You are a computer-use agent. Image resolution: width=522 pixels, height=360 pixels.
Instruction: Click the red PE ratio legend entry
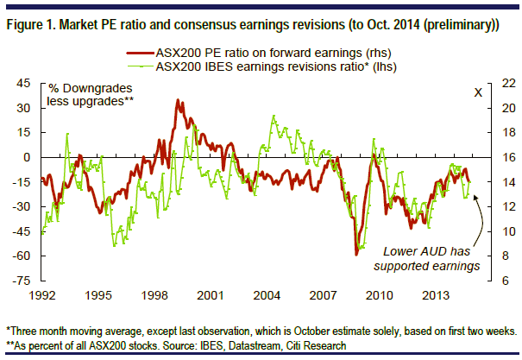(x=259, y=53)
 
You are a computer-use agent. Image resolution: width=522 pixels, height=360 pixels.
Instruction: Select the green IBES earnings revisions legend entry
(x=262, y=66)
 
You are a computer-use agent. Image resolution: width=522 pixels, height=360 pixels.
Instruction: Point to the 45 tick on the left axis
(x=23, y=83)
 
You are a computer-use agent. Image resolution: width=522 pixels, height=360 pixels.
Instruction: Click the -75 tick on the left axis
(x=22, y=281)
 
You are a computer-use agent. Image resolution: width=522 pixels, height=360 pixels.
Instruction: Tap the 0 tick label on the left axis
(x=27, y=157)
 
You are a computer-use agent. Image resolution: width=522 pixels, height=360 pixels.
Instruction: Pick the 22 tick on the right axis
(x=508, y=83)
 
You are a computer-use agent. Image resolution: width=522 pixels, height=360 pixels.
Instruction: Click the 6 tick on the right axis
(x=506, y=281)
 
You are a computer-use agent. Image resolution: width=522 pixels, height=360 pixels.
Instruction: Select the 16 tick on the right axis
(x=508, y=157)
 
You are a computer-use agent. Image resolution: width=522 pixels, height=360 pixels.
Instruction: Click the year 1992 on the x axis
(x=42, y=295)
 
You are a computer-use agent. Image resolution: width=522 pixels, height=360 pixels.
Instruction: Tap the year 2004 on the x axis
(x=267, y=295)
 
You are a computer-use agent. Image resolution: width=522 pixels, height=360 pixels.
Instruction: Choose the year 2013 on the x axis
(x=436, y=295)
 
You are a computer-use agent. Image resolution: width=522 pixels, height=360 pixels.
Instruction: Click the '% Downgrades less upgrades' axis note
(x=91, y=95)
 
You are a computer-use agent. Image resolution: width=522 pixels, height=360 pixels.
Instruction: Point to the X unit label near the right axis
(x=478, y=92)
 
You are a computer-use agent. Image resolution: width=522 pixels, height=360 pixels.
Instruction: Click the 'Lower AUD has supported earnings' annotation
(x=427, y=259)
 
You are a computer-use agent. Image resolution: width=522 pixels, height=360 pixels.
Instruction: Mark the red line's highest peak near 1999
(x=178, y=99)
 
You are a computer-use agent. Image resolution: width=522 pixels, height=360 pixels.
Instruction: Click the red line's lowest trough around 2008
(x=356, y=255)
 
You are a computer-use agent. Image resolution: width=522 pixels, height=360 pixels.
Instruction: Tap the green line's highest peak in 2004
(x=274, y=116)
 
